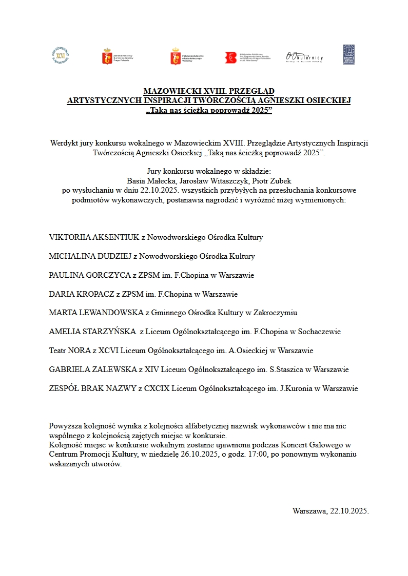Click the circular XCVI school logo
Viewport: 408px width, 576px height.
[60, 55]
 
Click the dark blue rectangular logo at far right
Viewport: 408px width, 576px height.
[349, 55]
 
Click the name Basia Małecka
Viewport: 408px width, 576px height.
[148, 180]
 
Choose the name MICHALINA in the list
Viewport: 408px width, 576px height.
[71, 256]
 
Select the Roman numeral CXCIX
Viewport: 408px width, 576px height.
[158, 388]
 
